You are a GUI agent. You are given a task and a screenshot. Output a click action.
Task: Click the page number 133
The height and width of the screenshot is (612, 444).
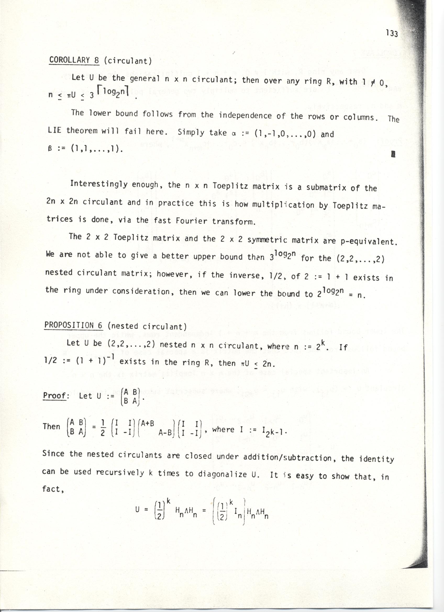point(392,34)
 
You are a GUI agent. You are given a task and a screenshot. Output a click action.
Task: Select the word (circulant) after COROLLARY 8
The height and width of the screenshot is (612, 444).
point(128,61)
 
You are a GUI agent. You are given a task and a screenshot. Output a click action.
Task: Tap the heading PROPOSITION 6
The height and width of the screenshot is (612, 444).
point(73,325)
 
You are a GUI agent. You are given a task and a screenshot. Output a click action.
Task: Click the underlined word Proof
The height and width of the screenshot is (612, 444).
point(55,396)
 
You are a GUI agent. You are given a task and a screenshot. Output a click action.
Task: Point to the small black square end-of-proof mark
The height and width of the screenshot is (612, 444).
point(393,154)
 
